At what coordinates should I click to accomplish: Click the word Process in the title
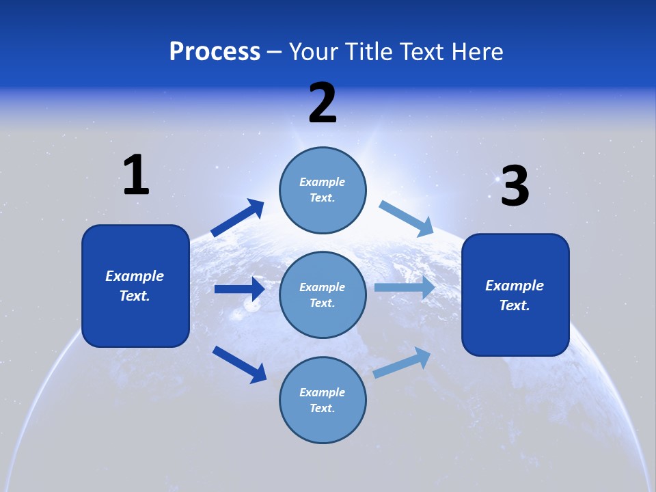(215, 52)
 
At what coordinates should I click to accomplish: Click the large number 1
(136, 175)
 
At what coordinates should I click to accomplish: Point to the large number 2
(323, 103)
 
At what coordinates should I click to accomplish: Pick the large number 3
(515, 187)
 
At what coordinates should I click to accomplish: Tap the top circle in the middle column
(323, 190)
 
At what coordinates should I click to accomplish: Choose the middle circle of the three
(323, 295)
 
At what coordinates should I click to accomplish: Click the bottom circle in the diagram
(323, 400)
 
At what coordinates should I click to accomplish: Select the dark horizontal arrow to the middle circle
(240, 289)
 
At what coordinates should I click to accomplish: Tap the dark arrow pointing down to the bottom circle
(240, 364)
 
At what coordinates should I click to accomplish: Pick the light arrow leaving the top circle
(407, 218)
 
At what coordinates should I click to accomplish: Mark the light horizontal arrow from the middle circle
(405, 288)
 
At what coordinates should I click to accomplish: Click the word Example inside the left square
(135, 276)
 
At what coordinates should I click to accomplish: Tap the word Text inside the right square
(515, 305)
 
